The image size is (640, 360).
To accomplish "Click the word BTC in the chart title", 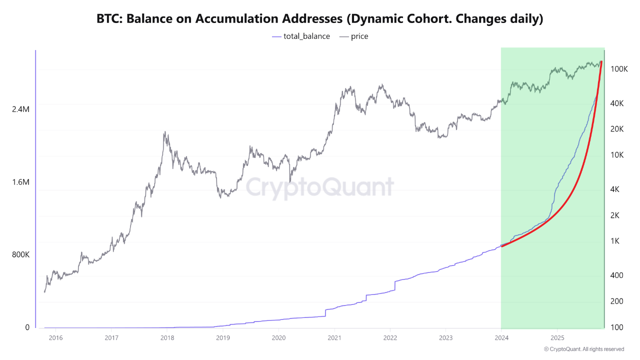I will (108, 19).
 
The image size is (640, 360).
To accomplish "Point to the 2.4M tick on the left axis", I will (20, 109).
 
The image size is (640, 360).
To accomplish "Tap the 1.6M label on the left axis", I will (20, 182).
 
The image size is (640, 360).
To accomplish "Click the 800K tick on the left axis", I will (20, 254).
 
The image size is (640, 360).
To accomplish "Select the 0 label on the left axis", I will (27, 327).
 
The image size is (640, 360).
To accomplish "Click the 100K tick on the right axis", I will (619, 69).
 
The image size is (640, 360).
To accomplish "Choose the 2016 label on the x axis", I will (55, 338).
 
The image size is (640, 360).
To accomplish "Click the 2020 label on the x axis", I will (278, 338).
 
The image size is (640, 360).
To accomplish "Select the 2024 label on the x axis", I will (501, 338).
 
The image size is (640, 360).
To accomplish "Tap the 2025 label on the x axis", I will (557, 338).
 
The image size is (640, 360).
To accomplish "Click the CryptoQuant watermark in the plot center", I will (319, 187).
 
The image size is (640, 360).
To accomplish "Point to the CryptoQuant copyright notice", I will (583, 349).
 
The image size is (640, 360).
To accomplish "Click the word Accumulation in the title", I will (236, 19).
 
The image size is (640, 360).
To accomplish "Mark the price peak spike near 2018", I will (165, 132).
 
